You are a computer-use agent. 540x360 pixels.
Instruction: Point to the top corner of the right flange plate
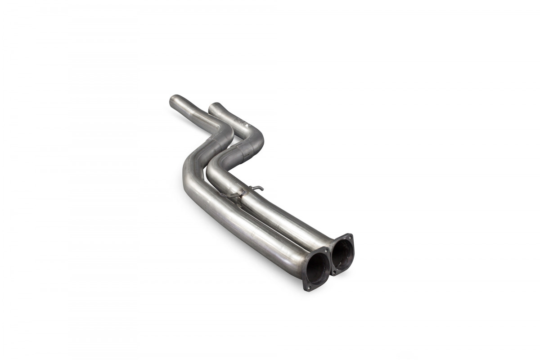(x=350, y=234)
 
